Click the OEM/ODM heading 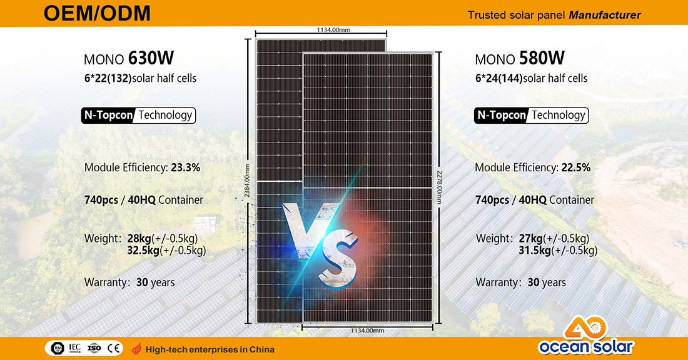[x=97, y=13]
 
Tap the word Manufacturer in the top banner [x=605, y=16]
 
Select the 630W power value [x=151, y=58]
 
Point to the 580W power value [x=542, y=58]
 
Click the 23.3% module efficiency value [x=185, y=167]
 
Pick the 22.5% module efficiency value [x=575, y=167]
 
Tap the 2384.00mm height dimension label [x=247, y=181]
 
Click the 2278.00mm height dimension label [x=439, y=187]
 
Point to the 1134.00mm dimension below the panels [x=367, y=331]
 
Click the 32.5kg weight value [x=143, y=251]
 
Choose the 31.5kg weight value [x=534, y=251]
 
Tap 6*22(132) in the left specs [x=108, y=79]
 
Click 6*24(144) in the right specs [x=499, y=79]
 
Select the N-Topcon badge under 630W [x=108, y=116]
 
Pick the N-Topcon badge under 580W [x=501, y=116]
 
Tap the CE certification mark [x=113, y=349]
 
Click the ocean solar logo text [x=586, y=347]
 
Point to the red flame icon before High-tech [x=137, y=349]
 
